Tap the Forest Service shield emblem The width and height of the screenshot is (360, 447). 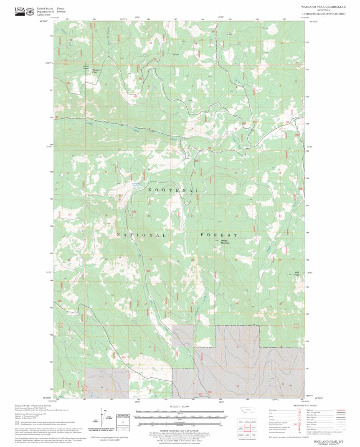(x=30, y=11)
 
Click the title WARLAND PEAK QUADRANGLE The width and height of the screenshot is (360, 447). (x=323, y=7)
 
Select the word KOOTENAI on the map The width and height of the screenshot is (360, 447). (x=172, y=190)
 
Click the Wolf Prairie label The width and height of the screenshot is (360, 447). (x=297, y=274)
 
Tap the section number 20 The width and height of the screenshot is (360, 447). (x=149, y=216)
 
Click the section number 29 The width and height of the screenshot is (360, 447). (x=151, y=259)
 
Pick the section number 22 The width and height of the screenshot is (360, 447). (x=236, y=216)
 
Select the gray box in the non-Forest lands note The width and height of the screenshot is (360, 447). (x=17, y=423)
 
